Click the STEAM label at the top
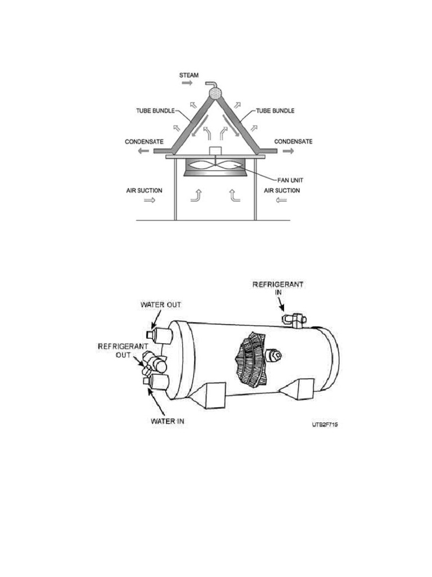click(188, 75)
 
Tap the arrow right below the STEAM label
click(187, 83)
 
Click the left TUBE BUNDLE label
click(154, 110)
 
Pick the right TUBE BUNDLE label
click(275, 110)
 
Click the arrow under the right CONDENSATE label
click(288, 151)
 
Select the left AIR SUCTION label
click(144, 190)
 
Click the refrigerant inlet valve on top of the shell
click(294, 320)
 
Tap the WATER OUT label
click(161, 305)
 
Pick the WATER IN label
click(168, 421)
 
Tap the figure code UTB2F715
click(325, 425)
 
